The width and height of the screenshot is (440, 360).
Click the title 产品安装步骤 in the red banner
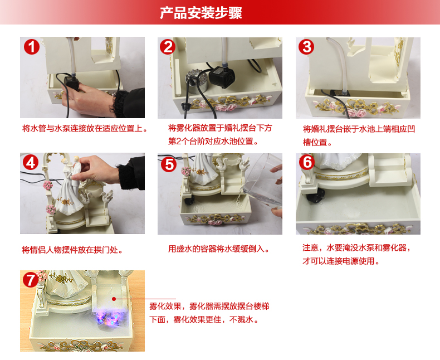pos(201,13)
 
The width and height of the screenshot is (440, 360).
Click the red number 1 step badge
pos(31,47)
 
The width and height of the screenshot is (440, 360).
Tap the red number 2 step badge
pos(168,47)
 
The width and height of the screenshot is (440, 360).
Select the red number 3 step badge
pos(306,47)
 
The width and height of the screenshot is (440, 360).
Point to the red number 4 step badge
pos(31,163)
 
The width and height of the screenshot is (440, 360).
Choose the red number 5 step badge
pos(168,164)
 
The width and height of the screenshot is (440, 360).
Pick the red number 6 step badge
pos(307,162)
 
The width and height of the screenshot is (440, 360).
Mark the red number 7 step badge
pos(30,280)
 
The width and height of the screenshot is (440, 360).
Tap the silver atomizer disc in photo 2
pos(196,81)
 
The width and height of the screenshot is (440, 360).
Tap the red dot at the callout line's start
pos(114,299)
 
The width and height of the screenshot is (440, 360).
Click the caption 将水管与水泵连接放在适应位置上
pos(85,129)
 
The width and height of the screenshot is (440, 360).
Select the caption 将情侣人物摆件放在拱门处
pos(72,250)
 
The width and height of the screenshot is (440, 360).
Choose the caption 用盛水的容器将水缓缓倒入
pos(218,249)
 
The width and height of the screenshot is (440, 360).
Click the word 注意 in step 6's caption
pos(310,247)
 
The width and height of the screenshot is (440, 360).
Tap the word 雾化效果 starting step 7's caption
pos(165,306)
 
